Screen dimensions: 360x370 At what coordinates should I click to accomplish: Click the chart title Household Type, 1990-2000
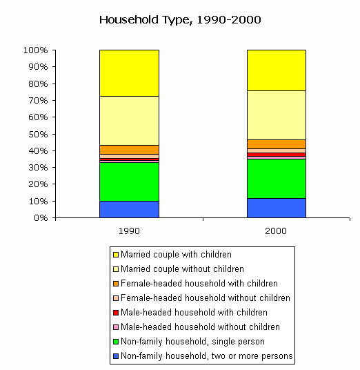point(180,20)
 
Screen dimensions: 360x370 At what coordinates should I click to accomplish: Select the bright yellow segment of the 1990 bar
point(129,73)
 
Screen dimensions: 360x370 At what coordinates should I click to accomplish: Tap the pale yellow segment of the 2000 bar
point(277,115)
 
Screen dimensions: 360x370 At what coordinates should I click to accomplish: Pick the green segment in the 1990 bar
point(129,182)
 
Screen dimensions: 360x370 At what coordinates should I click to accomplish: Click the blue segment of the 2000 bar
point(277,208)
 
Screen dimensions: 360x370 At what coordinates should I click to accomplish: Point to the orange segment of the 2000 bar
point(277,144)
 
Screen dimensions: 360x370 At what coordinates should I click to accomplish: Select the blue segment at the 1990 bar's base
point(129,209)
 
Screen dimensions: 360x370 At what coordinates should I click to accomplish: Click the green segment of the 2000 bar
point(277,179)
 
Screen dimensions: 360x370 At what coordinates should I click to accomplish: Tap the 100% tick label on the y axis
point(36,50)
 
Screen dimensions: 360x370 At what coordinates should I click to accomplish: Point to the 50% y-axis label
point(38,135)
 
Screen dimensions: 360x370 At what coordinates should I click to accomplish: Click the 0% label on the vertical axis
point(41,218)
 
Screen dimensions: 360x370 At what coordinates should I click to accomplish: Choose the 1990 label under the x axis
point(129,231)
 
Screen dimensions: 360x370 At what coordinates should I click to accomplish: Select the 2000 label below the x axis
point(276,231)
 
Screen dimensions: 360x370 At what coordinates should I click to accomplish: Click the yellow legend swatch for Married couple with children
point(116,255)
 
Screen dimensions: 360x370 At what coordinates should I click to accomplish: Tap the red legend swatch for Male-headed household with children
point(116,313)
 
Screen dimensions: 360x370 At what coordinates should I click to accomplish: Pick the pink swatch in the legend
point(116,327)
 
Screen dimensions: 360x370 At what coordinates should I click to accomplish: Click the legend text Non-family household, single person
point(192,342)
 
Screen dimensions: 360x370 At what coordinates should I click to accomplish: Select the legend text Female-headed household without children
point(206,298)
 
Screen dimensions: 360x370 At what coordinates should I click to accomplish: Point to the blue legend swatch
point(116,356)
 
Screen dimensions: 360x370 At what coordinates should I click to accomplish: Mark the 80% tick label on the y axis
point(38,84)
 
